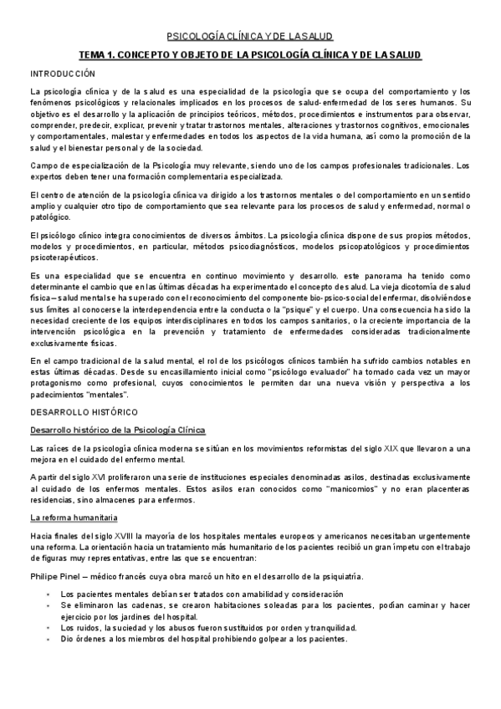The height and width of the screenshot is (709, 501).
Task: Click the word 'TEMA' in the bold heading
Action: coord(93,55)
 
